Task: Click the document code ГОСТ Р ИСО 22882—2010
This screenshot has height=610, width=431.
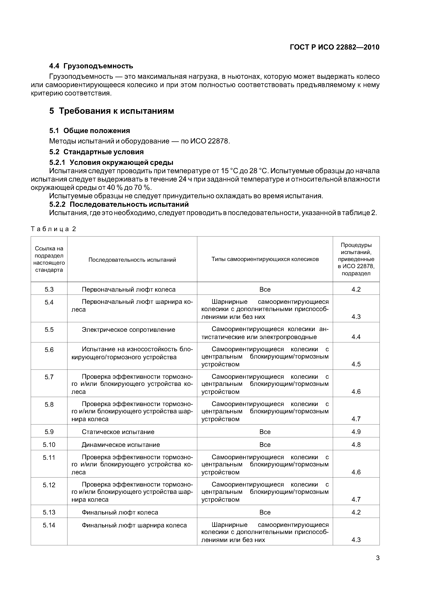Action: pos(334,47)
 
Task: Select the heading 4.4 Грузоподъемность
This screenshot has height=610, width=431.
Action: pos(91,66)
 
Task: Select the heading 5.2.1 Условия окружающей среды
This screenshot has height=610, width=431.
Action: pos(111,162)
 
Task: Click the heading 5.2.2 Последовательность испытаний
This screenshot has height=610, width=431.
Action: pos(119,204)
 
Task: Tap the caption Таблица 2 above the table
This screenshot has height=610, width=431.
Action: pos(53,229)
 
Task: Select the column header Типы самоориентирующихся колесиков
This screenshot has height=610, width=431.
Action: pos(265,259)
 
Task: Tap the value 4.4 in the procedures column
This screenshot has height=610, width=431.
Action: pos(356,337)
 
